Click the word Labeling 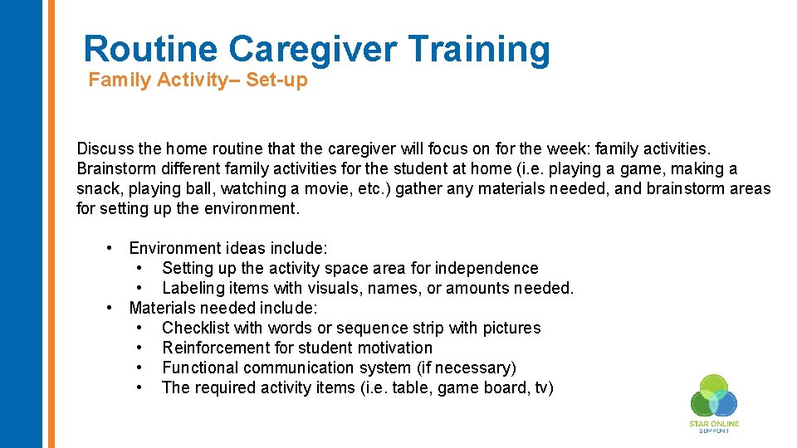tap(193, 288)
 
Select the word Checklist tap(195, 328)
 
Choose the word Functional tap(202, 368)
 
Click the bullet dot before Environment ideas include tap(110, 248)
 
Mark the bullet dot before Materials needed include tap(110, 308)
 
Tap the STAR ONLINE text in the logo tap(713, 424)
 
